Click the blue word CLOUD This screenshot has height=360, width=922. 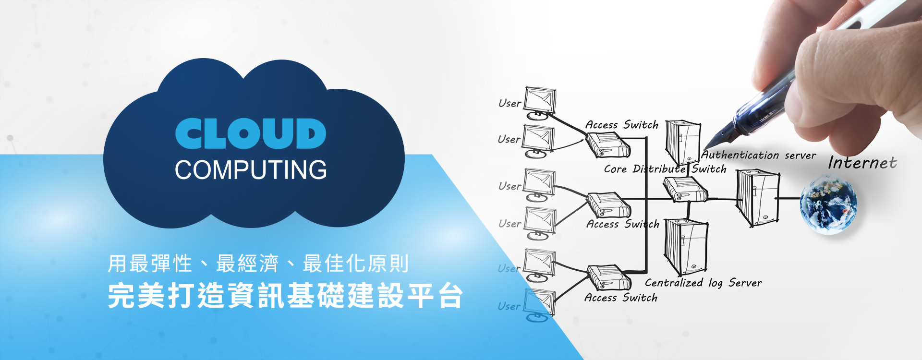[250, 133]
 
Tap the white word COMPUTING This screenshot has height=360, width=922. [251, 170]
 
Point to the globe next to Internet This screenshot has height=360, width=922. [828, 204]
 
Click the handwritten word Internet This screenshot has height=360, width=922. [862, 163]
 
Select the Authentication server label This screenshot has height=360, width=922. [759, 155]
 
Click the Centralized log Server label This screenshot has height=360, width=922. [703, 283]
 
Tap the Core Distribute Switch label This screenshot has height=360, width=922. [665, 169]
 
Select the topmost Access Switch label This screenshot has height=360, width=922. [621, 125]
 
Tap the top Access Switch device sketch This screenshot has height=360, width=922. [608, 145]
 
